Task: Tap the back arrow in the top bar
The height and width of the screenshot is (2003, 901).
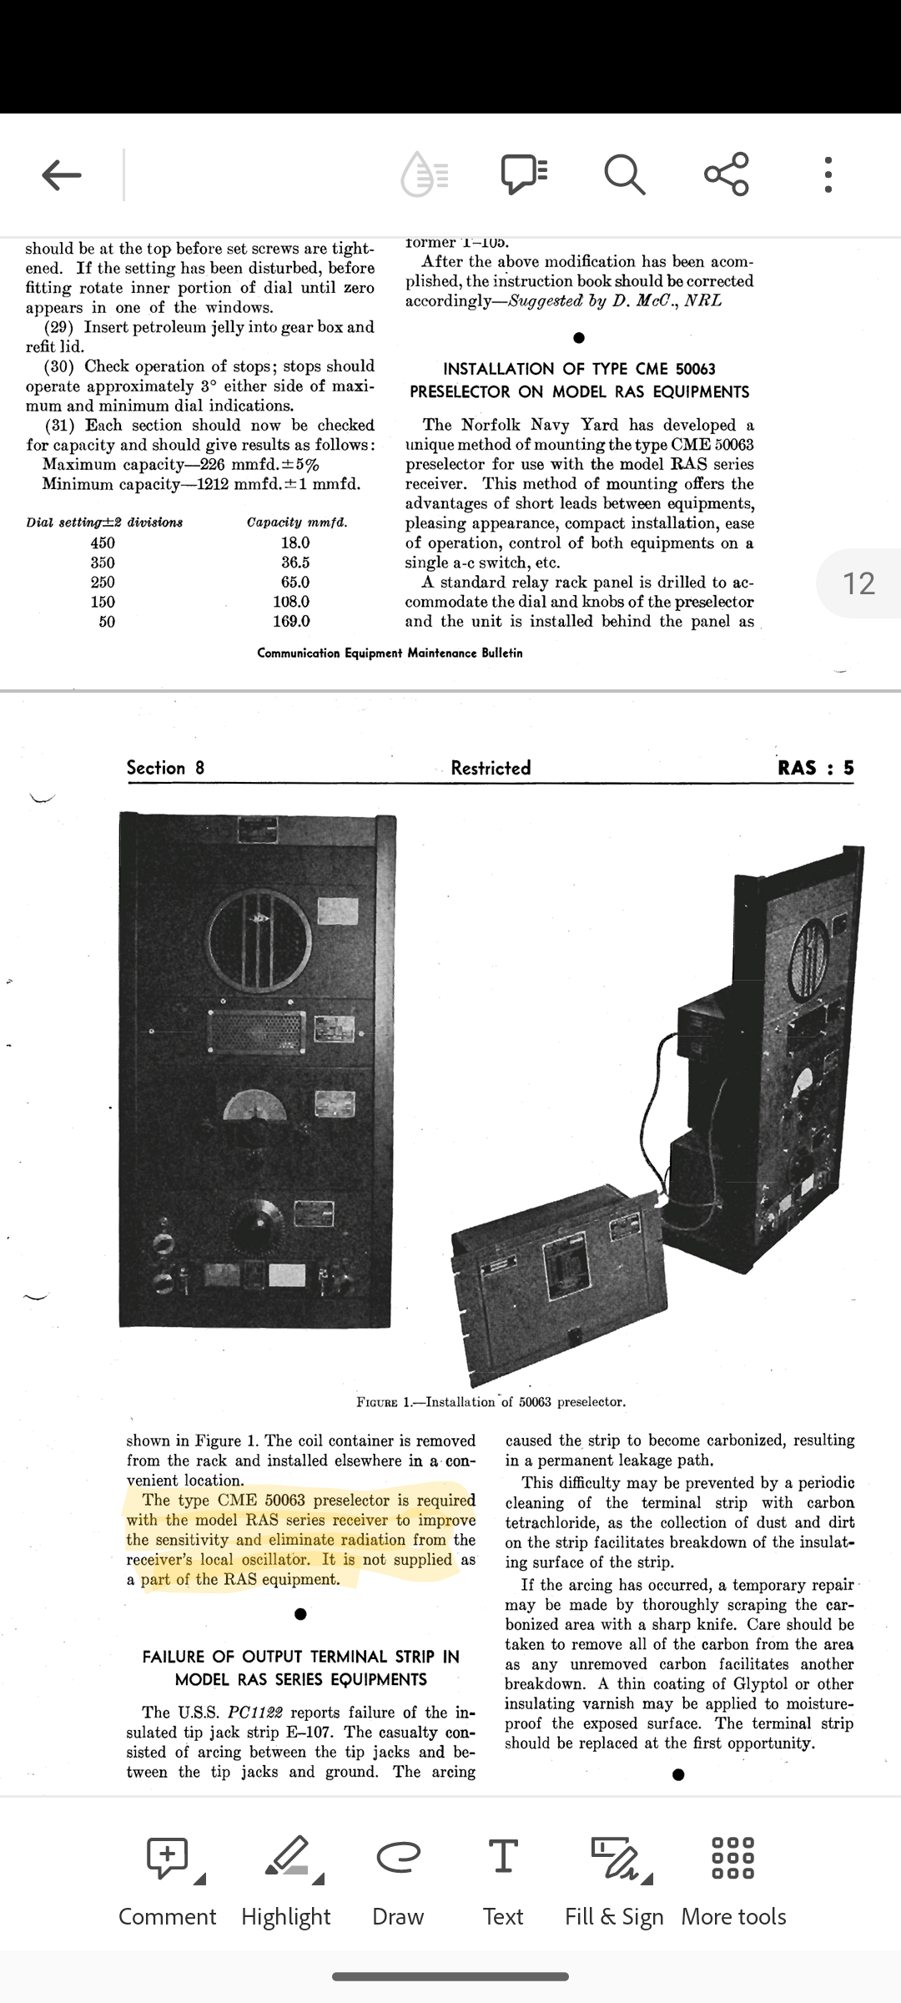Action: pos(62,174)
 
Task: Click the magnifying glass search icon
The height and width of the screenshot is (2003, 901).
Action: pos(624,174)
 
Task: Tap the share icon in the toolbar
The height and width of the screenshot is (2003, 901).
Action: pos(727,174)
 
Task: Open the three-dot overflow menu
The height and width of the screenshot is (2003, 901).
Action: pos(828,174)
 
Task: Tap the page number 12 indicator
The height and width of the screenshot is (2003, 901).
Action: pos(859,583)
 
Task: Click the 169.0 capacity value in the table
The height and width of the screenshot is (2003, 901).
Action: pos(291,621)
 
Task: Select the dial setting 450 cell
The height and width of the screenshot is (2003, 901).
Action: pos(103,542)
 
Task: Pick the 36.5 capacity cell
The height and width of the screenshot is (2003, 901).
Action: pos(295,563)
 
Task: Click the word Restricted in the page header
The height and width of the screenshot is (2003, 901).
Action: pos(491,768)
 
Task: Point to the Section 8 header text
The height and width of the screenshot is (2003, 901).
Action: pos(165,768)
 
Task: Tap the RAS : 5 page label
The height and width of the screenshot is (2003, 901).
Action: pos(816,768)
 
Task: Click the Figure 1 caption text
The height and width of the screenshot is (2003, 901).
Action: pos(491,1401)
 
